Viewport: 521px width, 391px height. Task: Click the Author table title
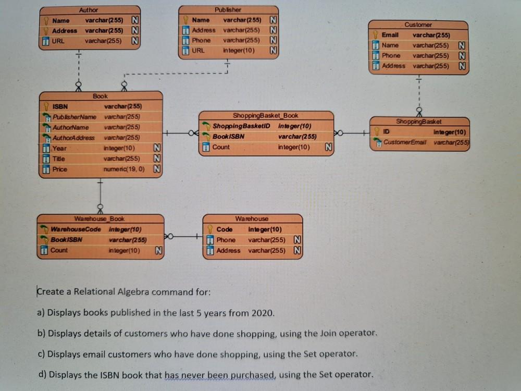[x=89, y=10]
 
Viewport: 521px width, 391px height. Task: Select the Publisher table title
[x=228, y=10]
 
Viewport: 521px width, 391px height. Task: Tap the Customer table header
[x=418, y=25]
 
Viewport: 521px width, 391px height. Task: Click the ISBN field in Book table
[x=60, y=107]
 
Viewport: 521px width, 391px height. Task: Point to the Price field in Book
[x=60, y=169]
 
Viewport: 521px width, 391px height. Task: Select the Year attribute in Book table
[x=59, y=148]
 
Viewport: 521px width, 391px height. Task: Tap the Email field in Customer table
[x=390, y=35]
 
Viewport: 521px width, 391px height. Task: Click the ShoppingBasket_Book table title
[x=266, y=115]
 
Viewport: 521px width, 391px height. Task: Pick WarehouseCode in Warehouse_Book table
[x=76, y=229]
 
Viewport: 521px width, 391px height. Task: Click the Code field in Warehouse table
[x=225, y=229]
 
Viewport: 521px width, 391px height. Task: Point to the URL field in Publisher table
[x=198, y=51]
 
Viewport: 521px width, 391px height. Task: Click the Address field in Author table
[x=64, y=30]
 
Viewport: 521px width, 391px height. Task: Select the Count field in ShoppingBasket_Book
[x=221, y=147]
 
